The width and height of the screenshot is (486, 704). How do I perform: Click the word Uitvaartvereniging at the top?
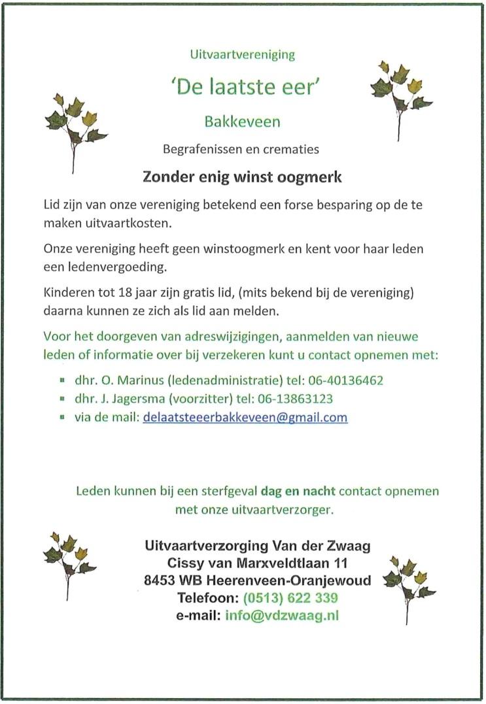tap(243, 54)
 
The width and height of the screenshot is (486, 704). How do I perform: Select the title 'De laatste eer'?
tap(243, 87)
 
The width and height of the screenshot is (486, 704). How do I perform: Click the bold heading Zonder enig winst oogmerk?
tap(243, 176)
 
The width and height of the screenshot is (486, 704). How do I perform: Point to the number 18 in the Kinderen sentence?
tap(121, 291)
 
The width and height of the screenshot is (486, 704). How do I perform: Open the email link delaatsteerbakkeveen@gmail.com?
tap(245, 417)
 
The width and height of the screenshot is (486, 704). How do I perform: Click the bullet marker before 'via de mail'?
tap(61, 417)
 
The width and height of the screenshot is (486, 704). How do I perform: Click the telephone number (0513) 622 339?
tap(290, 597)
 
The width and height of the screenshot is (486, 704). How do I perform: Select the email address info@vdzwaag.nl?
tap(282, 615)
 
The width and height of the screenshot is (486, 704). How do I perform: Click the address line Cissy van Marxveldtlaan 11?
tap(257, 562)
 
